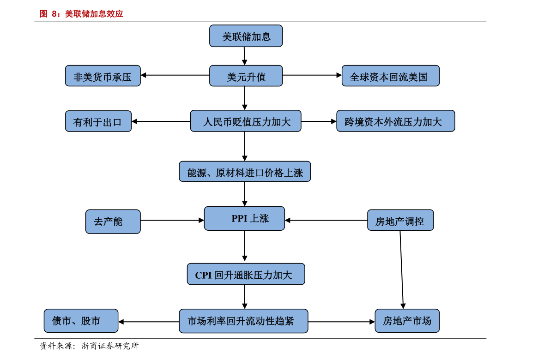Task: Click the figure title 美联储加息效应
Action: [x=94, y=14]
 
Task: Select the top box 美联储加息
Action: [x=246, y=36]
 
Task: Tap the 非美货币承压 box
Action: [x=103, y=76]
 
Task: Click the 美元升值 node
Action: [x=246, y=76]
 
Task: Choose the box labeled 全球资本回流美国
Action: [x=390, y=76]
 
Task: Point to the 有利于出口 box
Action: [x=98, y=121]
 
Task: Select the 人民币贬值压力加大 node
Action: [x=246, y=121]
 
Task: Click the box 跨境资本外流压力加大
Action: [x=395, y=121]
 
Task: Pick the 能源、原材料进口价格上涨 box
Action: [x=245, y=172]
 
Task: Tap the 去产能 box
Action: [x=113, y=222]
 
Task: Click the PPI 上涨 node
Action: [x=244, y=218]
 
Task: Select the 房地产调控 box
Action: [x=400, y=221]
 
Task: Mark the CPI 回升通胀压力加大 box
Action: [x=246, y=274]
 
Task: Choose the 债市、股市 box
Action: [x=81, y=321]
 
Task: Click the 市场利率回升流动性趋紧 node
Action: [x=243, y=321]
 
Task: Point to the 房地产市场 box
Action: [x=407, y=321]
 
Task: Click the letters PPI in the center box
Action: [x=239, y=218]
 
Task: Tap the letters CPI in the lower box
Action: [x=203, y=275]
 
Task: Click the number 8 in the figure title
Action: [x=54, y=14]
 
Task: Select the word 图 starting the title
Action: [x=43, y=14]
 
